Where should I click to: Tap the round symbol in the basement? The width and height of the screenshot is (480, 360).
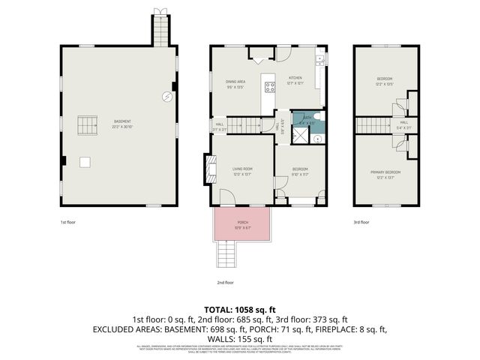point(166,95)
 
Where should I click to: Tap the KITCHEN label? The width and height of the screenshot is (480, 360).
point(295,79)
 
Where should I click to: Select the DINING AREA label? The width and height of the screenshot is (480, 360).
point(236,84)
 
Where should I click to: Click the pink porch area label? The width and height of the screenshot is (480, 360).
point(243,224)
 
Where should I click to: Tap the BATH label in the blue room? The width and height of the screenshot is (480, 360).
point(307,120)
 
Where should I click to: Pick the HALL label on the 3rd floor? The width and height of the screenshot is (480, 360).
point(403,124)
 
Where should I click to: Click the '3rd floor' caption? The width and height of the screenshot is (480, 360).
point(361,222)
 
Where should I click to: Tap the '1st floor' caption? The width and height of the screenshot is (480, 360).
point(68,222)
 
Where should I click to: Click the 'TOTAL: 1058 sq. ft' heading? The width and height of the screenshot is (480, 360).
point(240,309)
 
